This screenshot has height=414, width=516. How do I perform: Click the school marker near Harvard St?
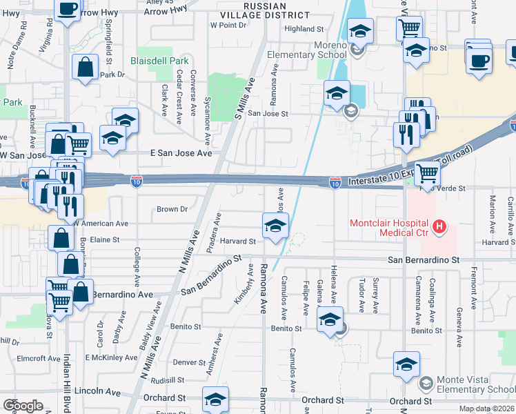[x=275, y=226]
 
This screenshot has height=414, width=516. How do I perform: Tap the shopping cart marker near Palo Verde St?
[x=427, y=173]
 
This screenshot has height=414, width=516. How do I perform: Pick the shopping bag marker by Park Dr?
[x=85, y=68]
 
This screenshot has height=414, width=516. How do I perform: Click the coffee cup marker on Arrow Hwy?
[x=67, y=10]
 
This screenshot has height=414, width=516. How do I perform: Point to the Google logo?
[x=23, y=406]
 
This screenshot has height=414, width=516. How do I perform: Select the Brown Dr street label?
[x=172, y=209]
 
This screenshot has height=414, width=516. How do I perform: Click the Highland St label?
[x=304, y=29]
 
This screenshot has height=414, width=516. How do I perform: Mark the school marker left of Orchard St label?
[x=215, y=400]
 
